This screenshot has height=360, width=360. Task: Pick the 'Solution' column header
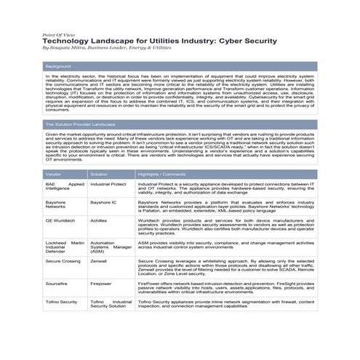point(99,175)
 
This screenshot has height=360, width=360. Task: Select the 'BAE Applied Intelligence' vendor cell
point(65,188)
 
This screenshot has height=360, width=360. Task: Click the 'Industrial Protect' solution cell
point(108,185)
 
